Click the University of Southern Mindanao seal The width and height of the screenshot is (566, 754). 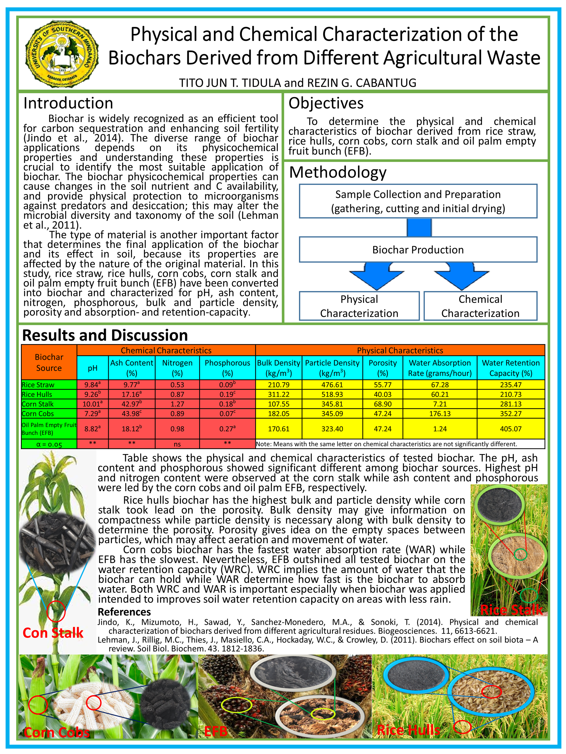[62, 53]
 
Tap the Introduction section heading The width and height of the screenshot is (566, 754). [68, 103]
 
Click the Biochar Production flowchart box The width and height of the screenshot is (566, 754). [418, 250]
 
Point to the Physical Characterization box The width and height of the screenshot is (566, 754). [359, 306]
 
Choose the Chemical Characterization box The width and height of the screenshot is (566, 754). [480, 306]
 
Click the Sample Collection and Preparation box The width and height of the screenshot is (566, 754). [418, 201]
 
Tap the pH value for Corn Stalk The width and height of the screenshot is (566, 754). [93, 404]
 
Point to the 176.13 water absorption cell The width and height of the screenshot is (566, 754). [440, 414]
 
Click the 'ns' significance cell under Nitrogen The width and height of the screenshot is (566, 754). [177, 444]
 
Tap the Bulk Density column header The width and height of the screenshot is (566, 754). [278, 368]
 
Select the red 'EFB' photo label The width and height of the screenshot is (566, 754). [216, 731]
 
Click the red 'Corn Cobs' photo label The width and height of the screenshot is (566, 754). [57, 732]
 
